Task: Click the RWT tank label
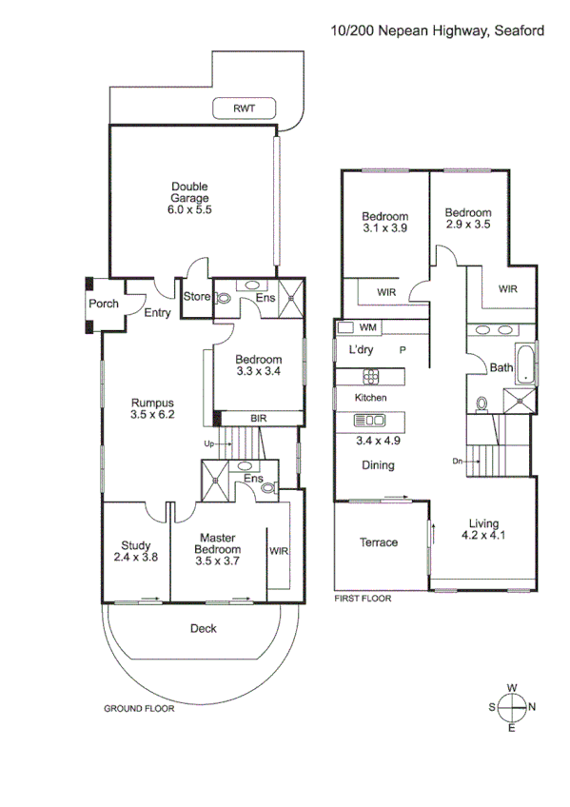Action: pos(244,108)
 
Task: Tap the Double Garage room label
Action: pos(189,199)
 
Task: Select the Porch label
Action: pos(104,304)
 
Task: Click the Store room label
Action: pos(196,297)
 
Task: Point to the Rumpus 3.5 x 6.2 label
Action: pos(153,407)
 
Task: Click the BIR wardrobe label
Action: pos(258,418)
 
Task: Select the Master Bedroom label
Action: pos(217,549)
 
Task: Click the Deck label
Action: pos(203,628)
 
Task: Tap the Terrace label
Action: pos(378,542)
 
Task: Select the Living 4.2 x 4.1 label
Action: pos(483,529)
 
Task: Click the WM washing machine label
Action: pos(368,327)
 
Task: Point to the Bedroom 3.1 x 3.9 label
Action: pos(384,222)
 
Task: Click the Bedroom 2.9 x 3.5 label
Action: pos(468,219)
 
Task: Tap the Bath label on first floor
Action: pos(501,368)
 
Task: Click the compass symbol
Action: pos(512,707)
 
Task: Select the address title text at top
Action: pos(437,30)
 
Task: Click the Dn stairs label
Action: pos(459,463)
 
